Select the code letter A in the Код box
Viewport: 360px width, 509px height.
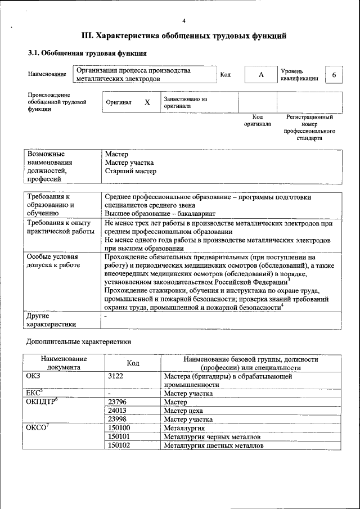point(261,75)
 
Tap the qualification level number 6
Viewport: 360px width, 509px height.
point(335,75)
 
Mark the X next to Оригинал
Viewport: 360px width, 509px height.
point(147,102)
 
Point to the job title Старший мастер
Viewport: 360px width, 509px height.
point(130,171)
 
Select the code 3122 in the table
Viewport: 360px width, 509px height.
point(115,376)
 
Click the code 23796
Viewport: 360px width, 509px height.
point(116,402)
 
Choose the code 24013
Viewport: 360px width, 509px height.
point(116,411)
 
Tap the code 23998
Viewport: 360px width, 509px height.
point(116,419)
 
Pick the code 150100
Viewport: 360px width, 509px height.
point(119,428)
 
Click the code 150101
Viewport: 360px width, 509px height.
point(119,436)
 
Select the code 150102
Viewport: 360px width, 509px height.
point(119,445)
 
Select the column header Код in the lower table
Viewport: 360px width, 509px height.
point(133,363)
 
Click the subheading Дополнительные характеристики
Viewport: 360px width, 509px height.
point(79,341)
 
